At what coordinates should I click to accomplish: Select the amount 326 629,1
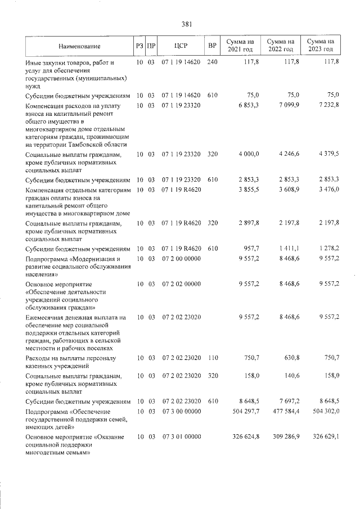point(325,436)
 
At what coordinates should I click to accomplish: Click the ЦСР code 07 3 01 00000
point(181,436)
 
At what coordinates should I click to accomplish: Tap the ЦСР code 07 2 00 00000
point(181,259)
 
